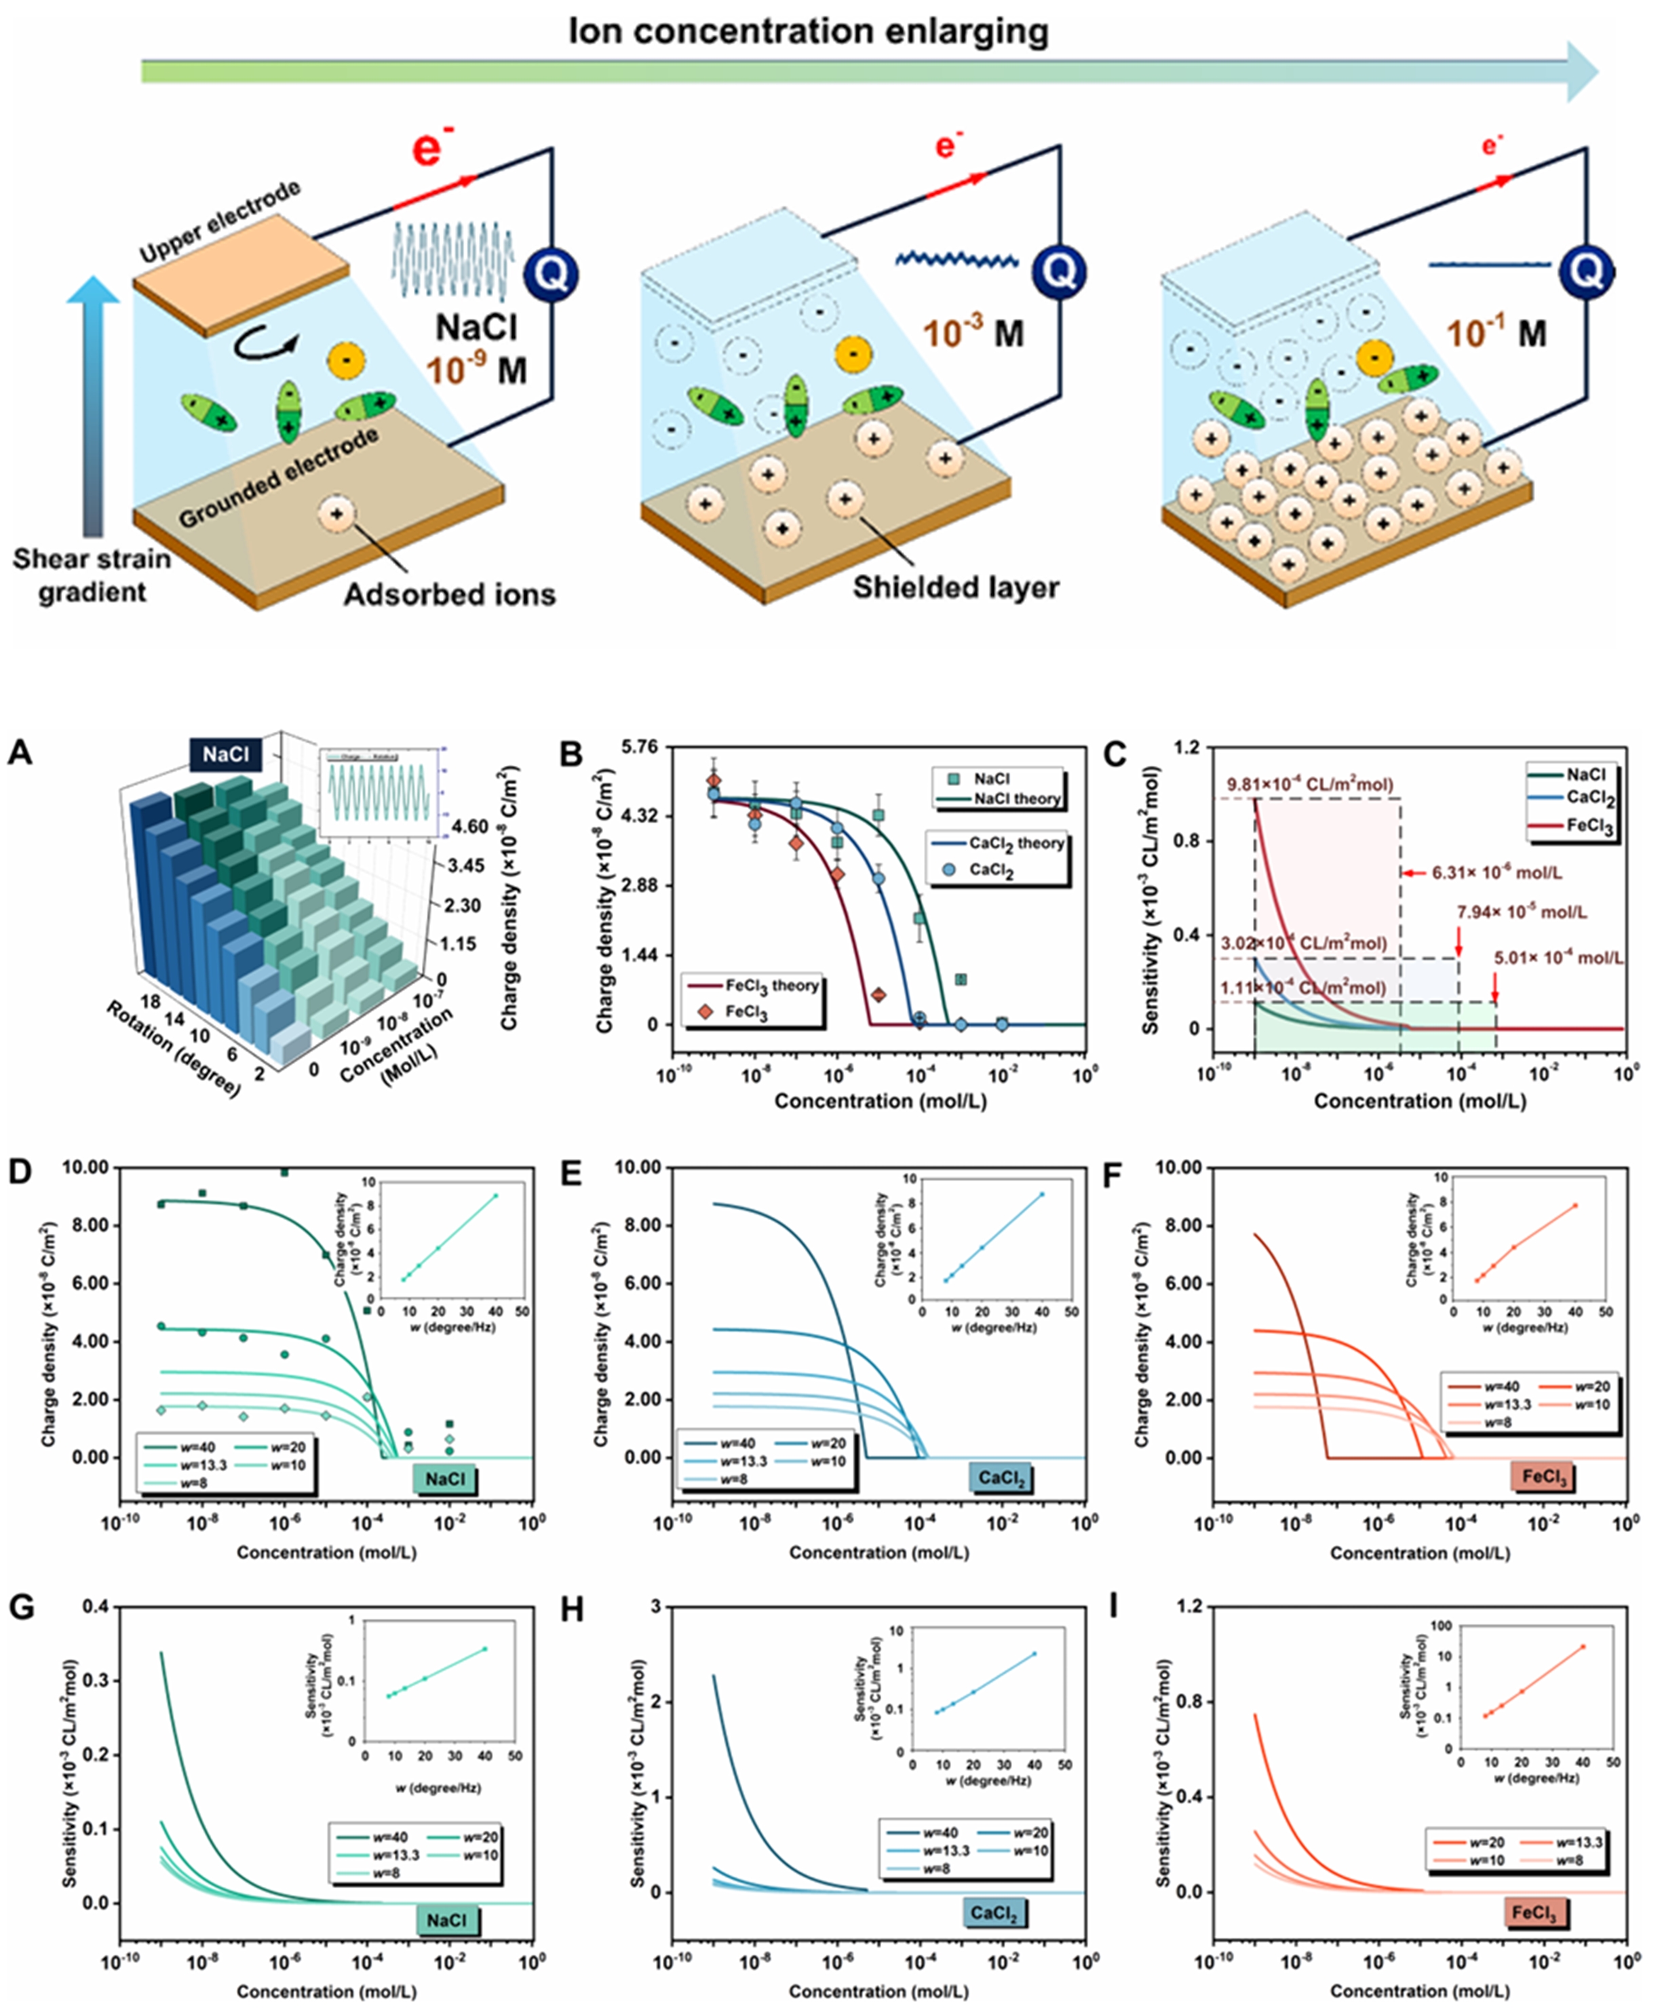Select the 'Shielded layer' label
click(954, 586)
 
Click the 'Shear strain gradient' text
click(91, 575)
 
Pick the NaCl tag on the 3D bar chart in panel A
click(225, 755)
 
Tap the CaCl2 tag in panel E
click(1001, 1478)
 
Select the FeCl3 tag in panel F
click(1543, 1477)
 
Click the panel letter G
click(21, 1607)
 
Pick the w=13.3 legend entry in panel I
click(1576, 1841)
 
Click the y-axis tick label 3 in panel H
click(656, 1606)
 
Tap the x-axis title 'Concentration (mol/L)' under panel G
click(326, 1991)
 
